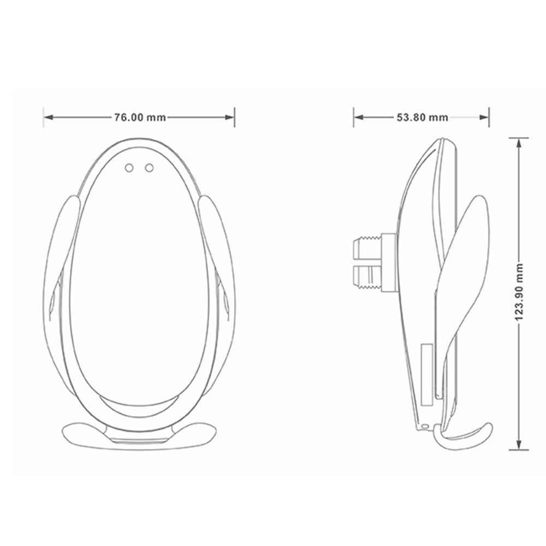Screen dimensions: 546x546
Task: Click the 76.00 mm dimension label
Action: (140, 117)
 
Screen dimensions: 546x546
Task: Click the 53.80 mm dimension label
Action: (423, 117)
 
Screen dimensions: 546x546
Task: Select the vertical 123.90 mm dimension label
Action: (519, 293)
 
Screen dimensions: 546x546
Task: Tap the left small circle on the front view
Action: (129, 168)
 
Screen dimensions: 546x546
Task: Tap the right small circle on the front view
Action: (150, 168)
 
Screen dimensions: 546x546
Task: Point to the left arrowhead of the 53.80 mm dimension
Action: (359, 117)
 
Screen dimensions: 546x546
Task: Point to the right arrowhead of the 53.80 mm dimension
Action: (484, 117)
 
